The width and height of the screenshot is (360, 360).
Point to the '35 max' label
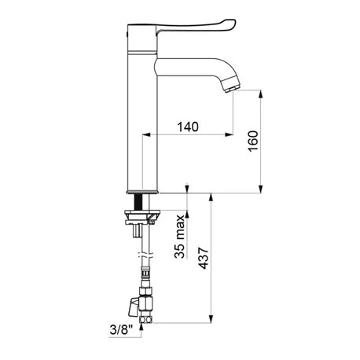[x=179, y=237]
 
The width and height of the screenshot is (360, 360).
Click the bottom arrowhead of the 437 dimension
[x=211, y=318]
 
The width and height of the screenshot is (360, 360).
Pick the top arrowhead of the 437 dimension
[x=211, y=197]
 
